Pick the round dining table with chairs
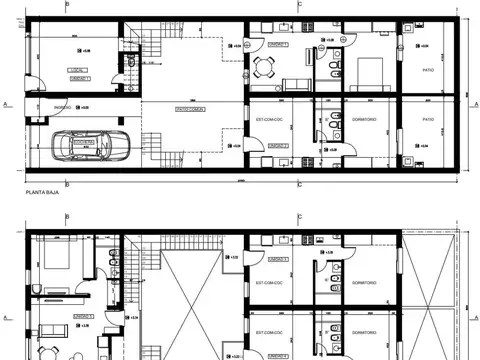point(265,67)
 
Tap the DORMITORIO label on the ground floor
point(363,120)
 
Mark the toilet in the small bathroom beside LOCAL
point(130,66)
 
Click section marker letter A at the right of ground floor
point(473,103)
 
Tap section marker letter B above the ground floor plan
point(67,4)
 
